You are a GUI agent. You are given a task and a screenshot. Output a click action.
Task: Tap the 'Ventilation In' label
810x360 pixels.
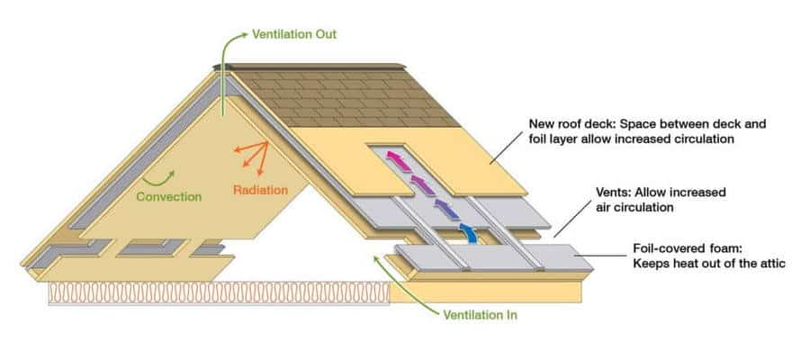point(480,315)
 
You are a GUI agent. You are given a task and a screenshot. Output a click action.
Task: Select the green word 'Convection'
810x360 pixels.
point(169,196)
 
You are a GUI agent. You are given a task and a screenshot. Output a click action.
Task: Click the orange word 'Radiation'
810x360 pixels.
point(260,190)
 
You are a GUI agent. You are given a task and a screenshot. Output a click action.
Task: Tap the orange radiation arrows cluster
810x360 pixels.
point(253,157)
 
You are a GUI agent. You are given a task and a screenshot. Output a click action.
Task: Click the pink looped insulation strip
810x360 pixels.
point(216,292)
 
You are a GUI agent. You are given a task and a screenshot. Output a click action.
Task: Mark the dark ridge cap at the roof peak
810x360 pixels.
point(315,66)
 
